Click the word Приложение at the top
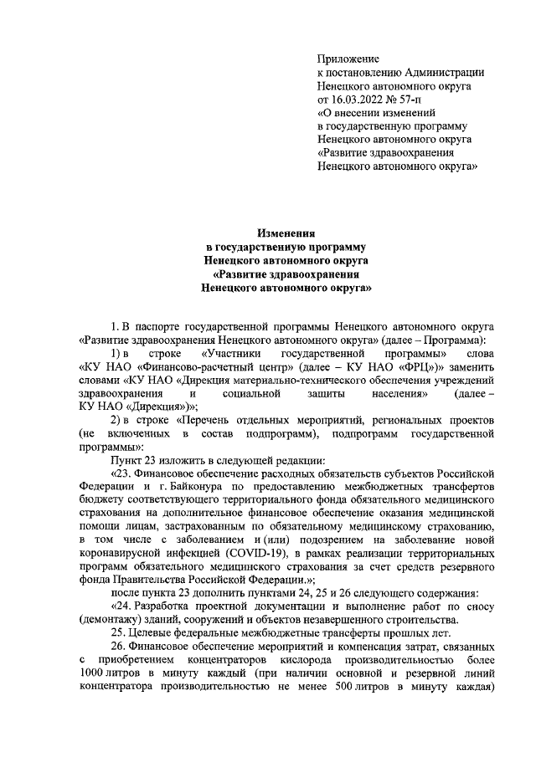[348, 59]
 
